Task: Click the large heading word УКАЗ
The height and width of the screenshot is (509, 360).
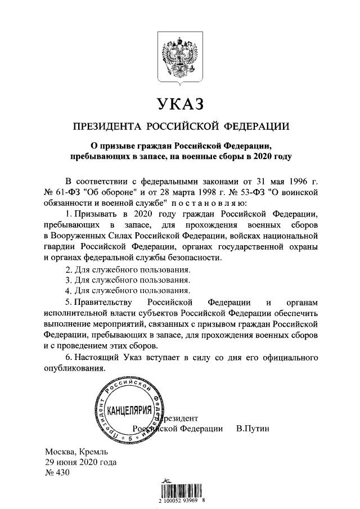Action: (180, 104)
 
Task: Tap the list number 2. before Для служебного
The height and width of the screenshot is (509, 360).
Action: (69, 269)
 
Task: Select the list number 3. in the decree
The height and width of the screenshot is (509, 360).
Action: (69, 280)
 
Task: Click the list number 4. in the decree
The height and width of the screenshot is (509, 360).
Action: (69, 291)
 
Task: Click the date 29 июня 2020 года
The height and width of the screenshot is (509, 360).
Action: (81, 462)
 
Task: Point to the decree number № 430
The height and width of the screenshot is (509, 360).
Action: (56, 473)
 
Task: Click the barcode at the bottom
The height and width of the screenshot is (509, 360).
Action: (180, 488)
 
